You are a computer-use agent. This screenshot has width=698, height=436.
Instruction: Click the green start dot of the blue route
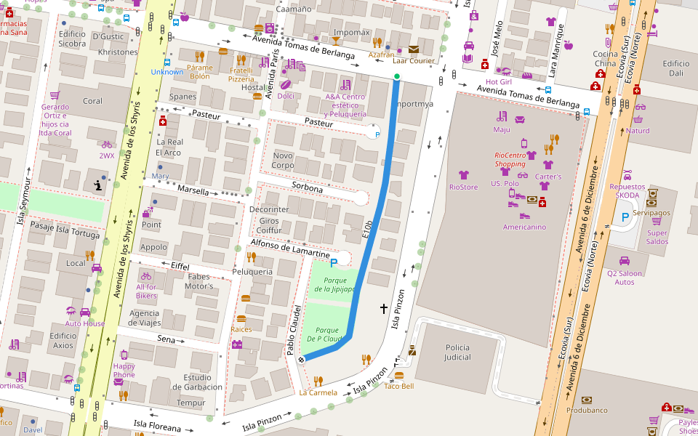click(x=396, y=76)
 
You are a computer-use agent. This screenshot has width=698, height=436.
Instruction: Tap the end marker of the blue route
click(x=300, y=360)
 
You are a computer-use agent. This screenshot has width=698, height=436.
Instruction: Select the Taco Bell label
click(x=398, y=386)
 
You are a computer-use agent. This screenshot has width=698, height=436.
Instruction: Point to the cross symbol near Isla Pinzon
click(x=384, y=309)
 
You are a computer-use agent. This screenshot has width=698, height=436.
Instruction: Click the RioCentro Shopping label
click(x=510, y=159)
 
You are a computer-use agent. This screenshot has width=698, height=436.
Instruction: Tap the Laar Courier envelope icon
click(x=414, y=49)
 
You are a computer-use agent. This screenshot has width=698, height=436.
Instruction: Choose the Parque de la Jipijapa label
click(x=334, y=285)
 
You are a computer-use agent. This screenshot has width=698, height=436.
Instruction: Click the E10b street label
click(x=368, y=229)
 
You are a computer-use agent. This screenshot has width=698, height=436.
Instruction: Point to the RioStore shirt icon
click(x=464, y=175)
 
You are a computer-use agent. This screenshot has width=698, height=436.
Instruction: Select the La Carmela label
click(x=318, y=392)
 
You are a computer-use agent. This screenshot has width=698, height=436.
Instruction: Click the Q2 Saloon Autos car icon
click(x=624, y=261)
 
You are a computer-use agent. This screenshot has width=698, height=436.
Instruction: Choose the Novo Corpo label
click(x=283, y=161)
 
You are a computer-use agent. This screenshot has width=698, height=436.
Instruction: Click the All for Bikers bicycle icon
click(x=146, y=276)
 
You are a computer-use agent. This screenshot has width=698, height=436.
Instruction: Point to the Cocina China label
click(x=604, y=59)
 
